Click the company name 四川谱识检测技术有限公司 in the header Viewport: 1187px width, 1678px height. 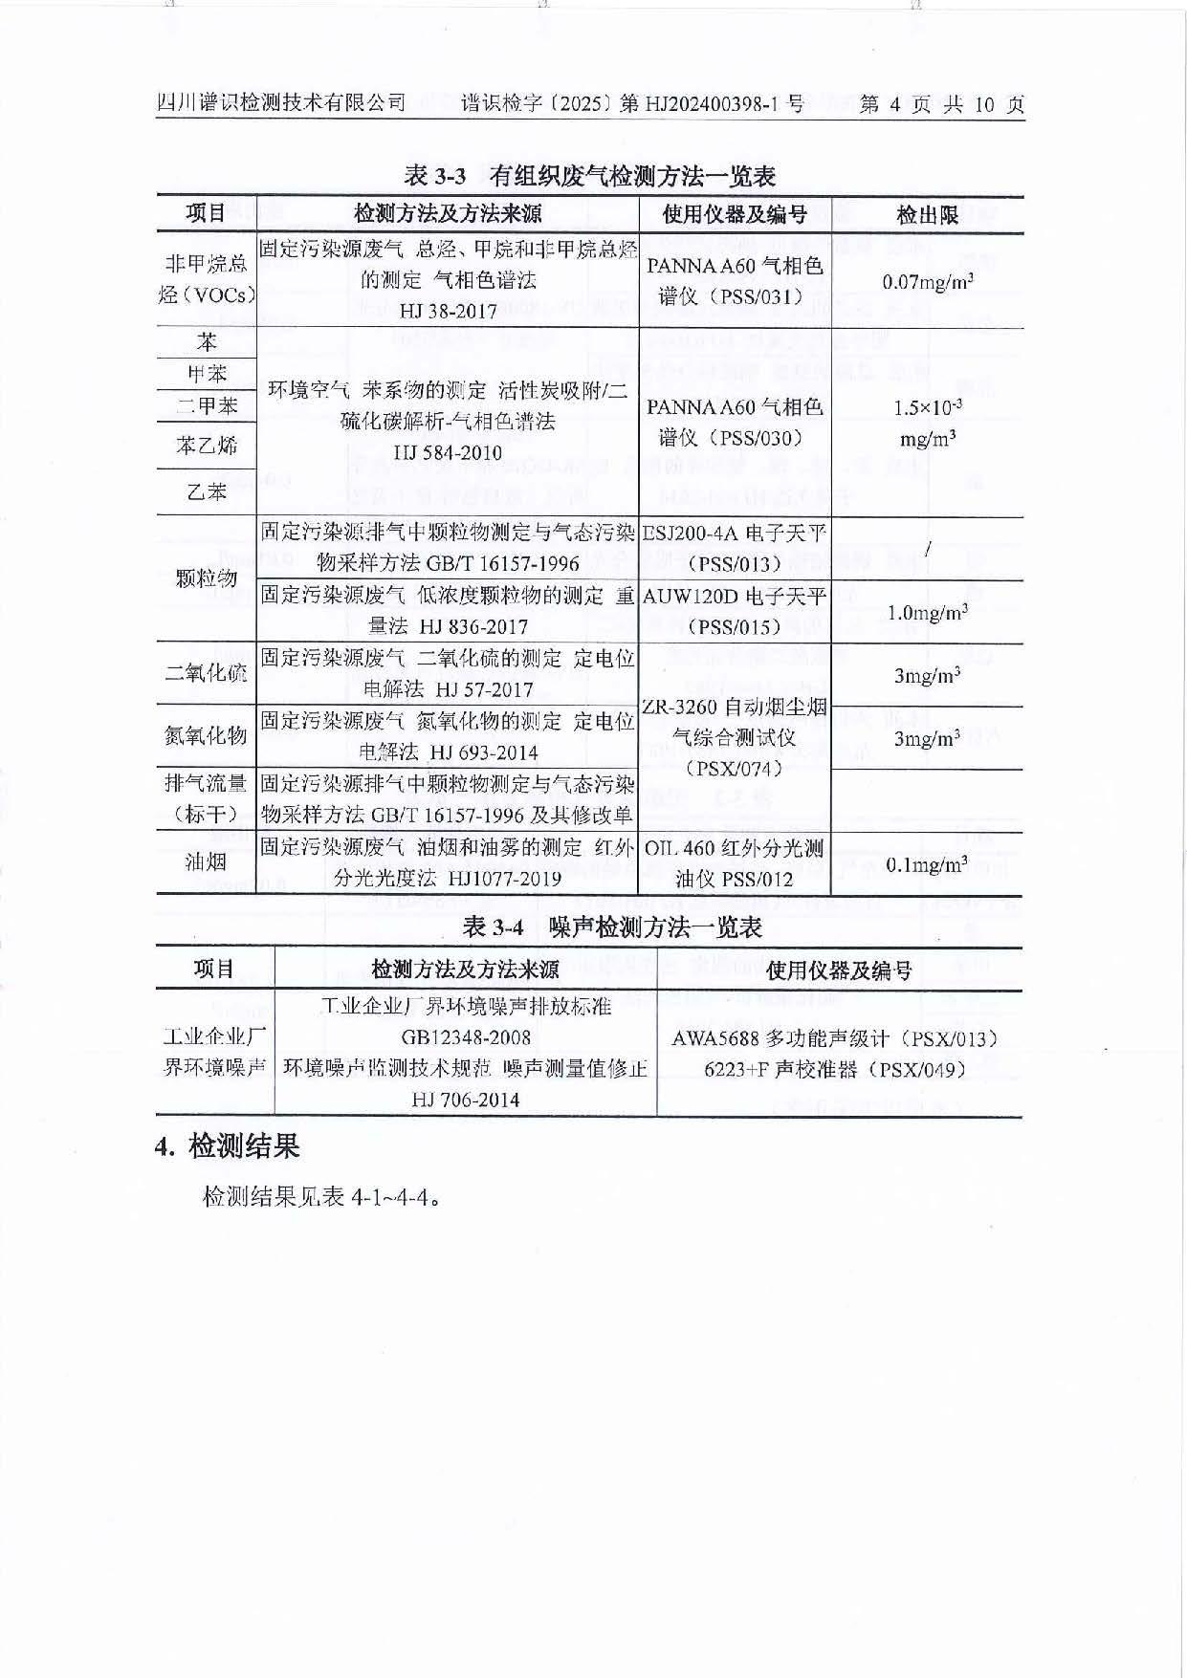tap(281, 103)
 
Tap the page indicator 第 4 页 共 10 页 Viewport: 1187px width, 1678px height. tap(941, 104)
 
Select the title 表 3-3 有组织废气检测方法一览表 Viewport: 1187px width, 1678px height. tap(589, 176)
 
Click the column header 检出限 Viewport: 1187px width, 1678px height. tap(927, 215)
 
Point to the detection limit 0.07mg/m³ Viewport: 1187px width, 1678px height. tap(927, 281)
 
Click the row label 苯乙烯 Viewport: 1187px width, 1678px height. tap(207, 446)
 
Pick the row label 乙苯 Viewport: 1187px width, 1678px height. tap(207, 491)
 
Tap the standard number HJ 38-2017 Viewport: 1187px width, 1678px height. tap(448, 311)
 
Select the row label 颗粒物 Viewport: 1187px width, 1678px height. tap(207, 577)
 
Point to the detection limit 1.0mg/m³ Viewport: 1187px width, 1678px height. tap(927, 612)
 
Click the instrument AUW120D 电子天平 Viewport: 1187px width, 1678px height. tap(735, 597)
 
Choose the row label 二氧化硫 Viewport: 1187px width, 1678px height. tap(207, 673)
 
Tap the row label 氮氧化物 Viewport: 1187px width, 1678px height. tap(207, 735)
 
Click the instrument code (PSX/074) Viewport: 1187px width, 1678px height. tap(735, 768)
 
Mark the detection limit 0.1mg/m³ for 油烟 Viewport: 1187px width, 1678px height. tap(927, 864)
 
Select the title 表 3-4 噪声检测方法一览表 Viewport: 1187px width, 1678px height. tap(612, 926)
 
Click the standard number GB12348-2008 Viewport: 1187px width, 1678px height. tap(466, 1037)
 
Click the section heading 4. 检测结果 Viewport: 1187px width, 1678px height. tap(228, 1145)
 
